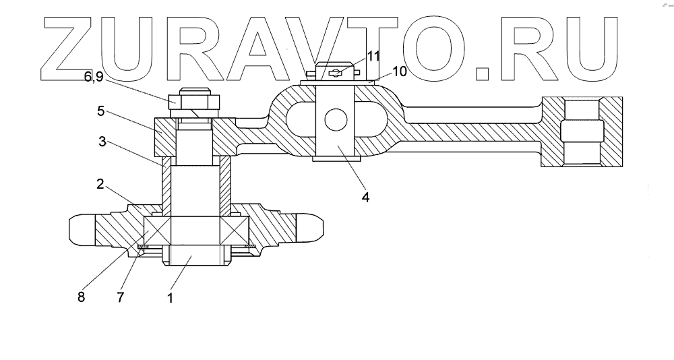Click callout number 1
[x=170, y=297]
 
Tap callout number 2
[x=99, y=183]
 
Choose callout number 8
[x=81, y=297]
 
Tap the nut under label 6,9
[x=193, y=102]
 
